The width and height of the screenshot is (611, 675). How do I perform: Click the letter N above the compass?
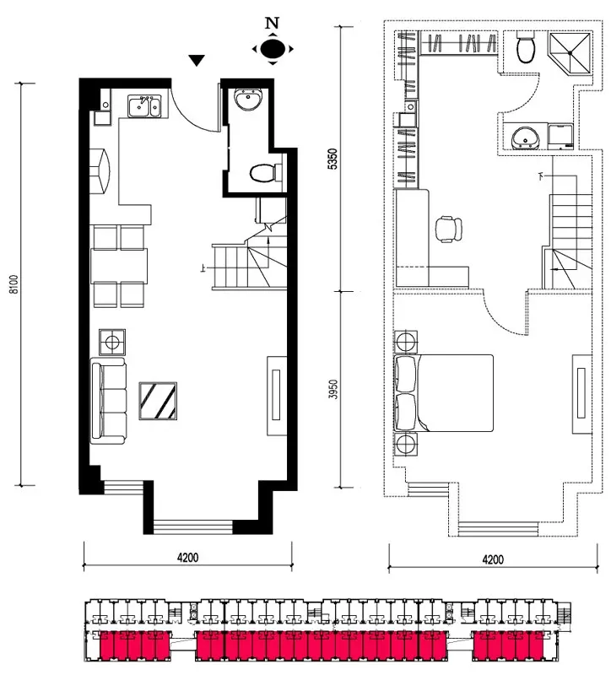coord(272,23)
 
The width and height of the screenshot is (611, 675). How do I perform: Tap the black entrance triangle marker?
coord(197,61)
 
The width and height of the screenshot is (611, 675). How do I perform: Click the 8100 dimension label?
coord(14,284)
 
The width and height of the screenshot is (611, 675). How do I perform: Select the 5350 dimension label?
coord(333,159)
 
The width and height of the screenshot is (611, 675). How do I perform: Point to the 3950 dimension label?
coord(333,389)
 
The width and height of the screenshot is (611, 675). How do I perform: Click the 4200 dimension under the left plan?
coord(187,558)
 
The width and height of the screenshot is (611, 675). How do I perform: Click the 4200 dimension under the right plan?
coord(493,559)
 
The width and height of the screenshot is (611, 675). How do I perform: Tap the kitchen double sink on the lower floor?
coord(144,106)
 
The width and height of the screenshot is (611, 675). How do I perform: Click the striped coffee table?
coord(158,401)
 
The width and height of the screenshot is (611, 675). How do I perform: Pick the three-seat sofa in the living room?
coord(109,402)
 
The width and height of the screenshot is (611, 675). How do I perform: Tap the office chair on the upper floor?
coord(448,229)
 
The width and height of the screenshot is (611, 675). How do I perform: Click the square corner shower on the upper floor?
coord(570,52)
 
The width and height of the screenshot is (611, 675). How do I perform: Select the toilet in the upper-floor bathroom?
coord(526,47)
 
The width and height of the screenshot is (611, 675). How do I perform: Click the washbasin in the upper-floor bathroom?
coord(525,138)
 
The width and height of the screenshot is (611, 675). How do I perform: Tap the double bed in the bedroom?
coord(444,392)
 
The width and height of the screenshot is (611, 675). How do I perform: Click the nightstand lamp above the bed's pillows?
coord(406,342)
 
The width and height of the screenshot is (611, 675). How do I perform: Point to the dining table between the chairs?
coord(119,266)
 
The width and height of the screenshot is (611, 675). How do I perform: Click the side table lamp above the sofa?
coord(112,343)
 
